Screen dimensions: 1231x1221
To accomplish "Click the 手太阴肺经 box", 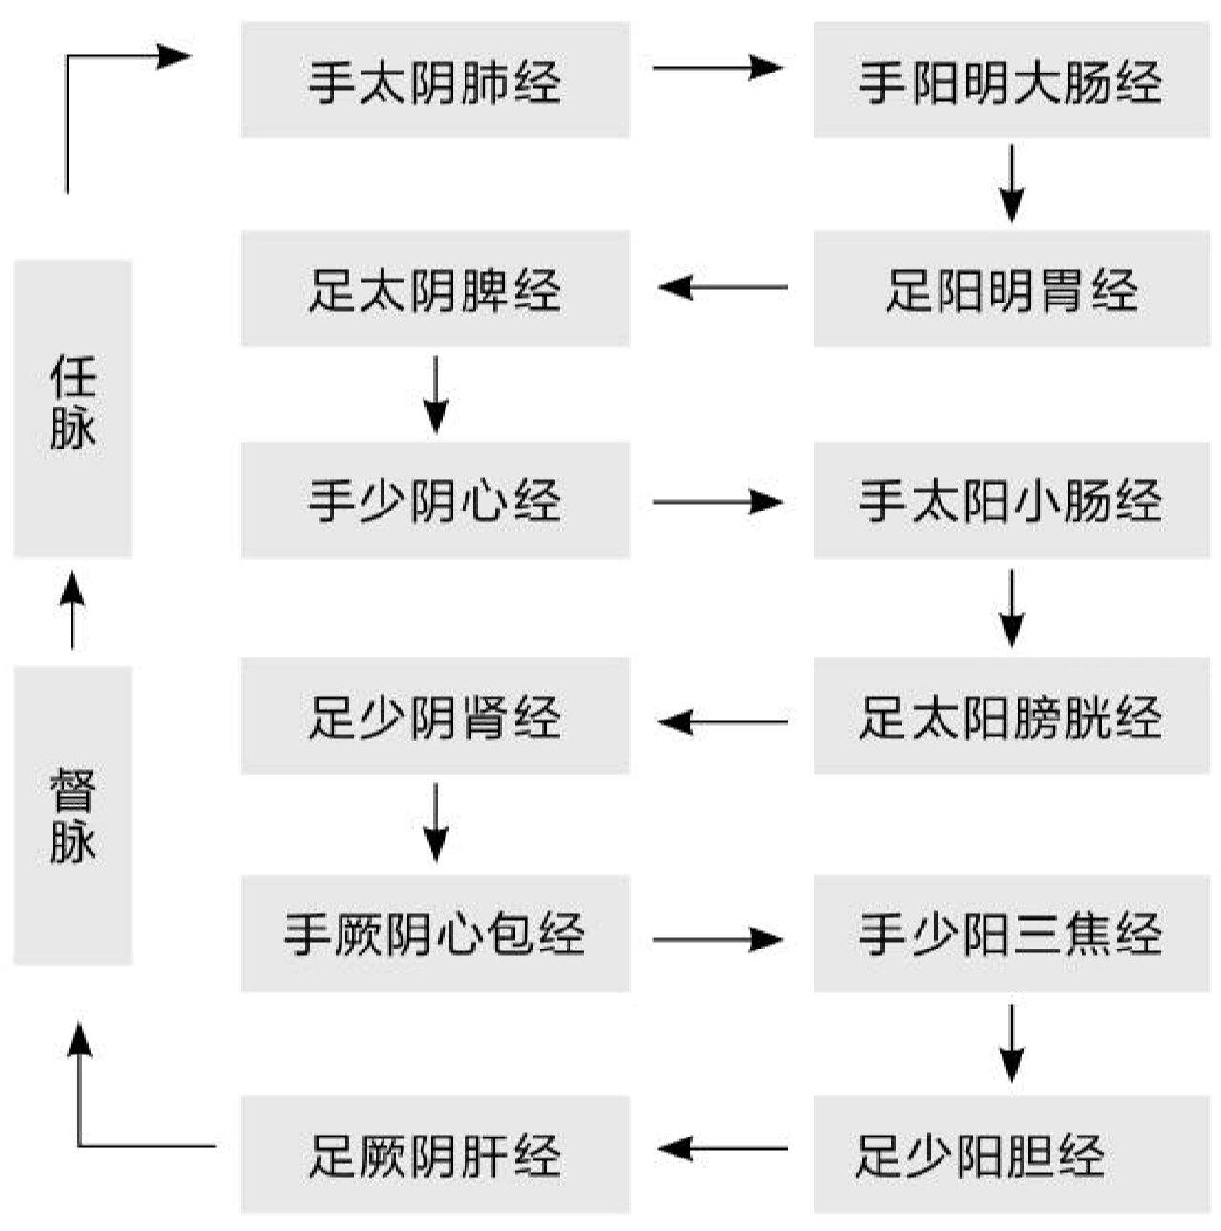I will [435, 80].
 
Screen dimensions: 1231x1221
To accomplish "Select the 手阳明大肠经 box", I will [1011, 80].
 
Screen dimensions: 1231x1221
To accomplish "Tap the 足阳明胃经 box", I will [1011, 288].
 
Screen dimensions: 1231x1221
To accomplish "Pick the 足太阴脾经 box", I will [435, 288].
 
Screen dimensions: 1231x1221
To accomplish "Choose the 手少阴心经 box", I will [435, 500].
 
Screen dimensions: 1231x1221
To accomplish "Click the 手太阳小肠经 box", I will [1011, 500].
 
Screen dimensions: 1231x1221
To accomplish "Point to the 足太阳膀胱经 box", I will [1011, 716].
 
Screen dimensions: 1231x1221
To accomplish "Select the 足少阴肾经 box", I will [435, 716].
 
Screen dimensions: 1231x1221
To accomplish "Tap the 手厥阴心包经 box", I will [435, 933].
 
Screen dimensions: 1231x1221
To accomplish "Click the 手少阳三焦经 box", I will [1011, 933].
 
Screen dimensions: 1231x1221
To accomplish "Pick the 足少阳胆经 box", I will [1011, 1154].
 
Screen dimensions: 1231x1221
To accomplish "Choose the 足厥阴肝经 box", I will [435, 1154].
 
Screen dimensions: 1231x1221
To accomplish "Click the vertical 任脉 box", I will [72, 407].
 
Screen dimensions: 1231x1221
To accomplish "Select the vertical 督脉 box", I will [72, 815].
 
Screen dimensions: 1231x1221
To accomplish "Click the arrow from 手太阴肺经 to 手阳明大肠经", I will [717, 68].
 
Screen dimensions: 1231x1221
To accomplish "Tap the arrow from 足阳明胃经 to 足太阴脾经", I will [723, 287].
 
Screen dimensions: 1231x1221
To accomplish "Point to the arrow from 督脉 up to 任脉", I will [72, 611].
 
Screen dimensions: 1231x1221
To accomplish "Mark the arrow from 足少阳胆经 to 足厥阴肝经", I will [723, 1148].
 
